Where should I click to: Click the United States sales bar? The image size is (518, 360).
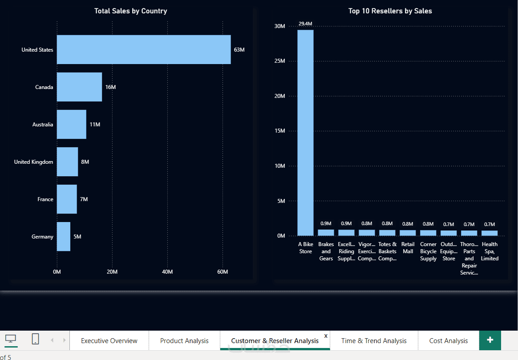[x=143, y=50]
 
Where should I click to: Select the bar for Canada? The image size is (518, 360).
[x=79, y=87]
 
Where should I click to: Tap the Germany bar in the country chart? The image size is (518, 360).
[x=63, y=237]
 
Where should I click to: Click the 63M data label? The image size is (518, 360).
[x=239, y=50]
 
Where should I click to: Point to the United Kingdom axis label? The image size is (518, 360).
[x=33, y=162]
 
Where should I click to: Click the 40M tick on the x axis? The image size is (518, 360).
[x=167, y=272]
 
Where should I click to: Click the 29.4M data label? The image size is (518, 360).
[x=305, y=24]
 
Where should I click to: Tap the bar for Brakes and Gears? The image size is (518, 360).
[x=326, y=233]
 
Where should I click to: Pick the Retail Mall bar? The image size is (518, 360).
[x=408, y=233]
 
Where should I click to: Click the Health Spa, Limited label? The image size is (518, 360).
[x=490, y=251]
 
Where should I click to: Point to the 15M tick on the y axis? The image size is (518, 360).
[x=279, y=131]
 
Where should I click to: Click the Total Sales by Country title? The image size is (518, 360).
[x=130, y=11]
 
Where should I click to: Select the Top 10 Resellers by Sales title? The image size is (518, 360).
[x=390, y=11]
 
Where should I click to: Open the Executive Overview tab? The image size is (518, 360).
[x=109, y=341]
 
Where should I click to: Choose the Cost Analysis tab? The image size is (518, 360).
[x=448, y=341]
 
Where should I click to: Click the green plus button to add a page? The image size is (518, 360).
[x=490, y=340]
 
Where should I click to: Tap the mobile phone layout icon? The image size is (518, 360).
[x=36, y=339]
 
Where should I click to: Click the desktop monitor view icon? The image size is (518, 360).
[x=11, y=339]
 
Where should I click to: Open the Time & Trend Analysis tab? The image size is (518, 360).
[x=374, y=341]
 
